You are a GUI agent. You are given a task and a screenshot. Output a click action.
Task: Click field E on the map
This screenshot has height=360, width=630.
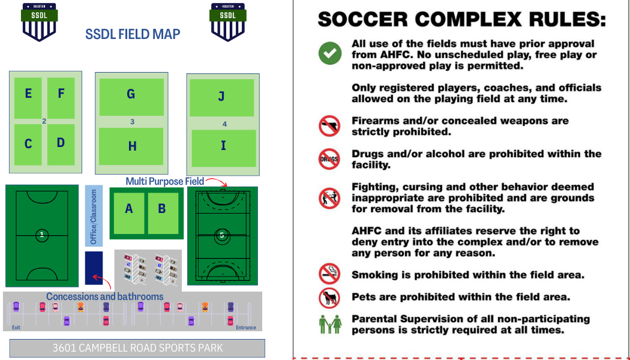pyautogui.click(x=28, y=97)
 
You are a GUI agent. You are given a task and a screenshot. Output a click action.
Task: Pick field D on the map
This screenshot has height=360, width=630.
pyautogui.click(x=61, y=145)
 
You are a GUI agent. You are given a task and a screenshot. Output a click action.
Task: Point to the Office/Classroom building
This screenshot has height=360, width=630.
pyautogui.click(x=94, y=216)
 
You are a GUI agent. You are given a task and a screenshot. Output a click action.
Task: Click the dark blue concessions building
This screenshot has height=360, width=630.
pyautogui.click(x=94, y=268)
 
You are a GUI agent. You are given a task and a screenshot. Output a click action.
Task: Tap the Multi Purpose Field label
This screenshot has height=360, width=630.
pyautogui.click(x=164, y=181)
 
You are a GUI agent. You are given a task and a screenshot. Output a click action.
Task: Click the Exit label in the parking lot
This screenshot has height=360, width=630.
pyautogui.click(x=16, y=328)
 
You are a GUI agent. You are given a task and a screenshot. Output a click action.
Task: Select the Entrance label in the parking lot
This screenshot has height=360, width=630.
pyautogui.click(x=245, y=328)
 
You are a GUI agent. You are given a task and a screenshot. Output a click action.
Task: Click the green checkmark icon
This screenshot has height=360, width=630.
pyautogui.click(x=329, y=53)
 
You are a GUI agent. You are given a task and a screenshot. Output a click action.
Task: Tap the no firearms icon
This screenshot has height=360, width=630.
pyautogui.click(x=329, y=126)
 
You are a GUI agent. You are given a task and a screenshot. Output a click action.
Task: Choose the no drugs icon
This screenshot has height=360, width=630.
pyautogui.click(x=329, y=160)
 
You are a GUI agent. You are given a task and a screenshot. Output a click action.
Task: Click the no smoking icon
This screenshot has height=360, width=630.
pyautogui.click(x=329, y=274)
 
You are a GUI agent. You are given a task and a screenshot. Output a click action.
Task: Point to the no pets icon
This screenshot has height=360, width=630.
pyautogui.click(x=329, y=296)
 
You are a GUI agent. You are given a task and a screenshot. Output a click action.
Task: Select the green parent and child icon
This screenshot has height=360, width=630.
pyautogui.click(x=329, y=324)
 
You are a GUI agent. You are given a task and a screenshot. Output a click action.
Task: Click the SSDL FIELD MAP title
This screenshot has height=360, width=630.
pyautogui.click(x=133, y=34)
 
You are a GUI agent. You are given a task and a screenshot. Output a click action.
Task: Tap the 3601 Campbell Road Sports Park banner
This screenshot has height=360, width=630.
pyautogui.click(x=137, y=348)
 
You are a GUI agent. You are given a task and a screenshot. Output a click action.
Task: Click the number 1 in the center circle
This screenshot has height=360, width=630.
pyautogui.click(x=41, y=235)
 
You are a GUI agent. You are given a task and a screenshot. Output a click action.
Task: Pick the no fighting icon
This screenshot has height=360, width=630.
pyautogui.click(x=329, y=197)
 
